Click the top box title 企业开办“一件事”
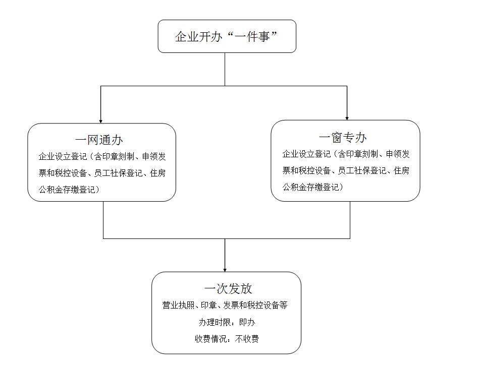tap(226, 37)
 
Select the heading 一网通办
tap(99, 140)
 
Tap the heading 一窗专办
tap(343, 138)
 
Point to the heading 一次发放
tap(228, 288)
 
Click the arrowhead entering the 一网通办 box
tap(101, 121)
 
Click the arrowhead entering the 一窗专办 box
tap(347, 118)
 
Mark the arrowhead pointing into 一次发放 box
tap(225, 270)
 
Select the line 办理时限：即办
tap(227, 322)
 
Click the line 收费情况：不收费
tap(227, 339)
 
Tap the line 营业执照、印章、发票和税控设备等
tap(225, 305)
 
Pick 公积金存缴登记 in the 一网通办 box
tap(67, 190)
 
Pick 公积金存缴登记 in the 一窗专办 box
tap(311, 187)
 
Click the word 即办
tap(247, 322)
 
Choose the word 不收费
tap(247, 339)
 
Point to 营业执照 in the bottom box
tap(178, 305)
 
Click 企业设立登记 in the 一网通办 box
tap(63, 157)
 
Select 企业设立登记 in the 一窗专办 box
tap(307, 154)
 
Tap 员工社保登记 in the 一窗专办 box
tap(362, 170)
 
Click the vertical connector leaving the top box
tap(225, 69)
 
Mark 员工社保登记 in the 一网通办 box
tap(118, 173)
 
